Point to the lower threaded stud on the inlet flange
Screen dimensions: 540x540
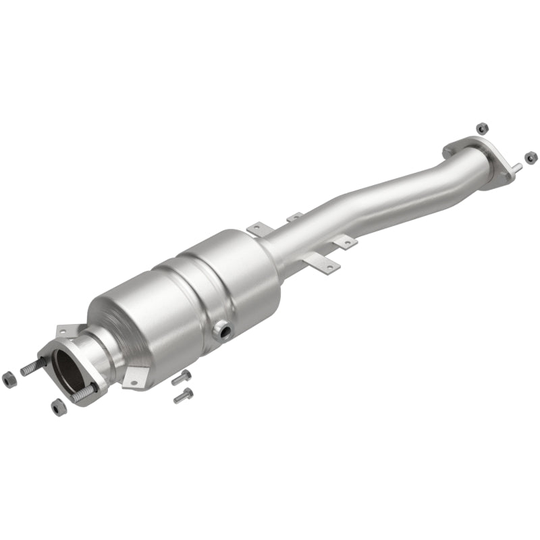(x=84, y=395)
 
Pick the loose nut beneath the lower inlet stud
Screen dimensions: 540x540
(x=58, y=406)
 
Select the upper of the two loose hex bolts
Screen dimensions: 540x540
(x=181, y=377)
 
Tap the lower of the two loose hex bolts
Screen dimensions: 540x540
(x=183, y=396)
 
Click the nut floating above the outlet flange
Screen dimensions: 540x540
(x=481, y=127)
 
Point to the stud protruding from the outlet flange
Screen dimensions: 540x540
(x=515, y=166)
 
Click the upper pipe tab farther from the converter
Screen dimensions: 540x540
(x=295, y=217)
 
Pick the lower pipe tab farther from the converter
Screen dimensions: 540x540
(x=345, y=242)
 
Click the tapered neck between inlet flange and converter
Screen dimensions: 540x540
(x=101, y=351)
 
